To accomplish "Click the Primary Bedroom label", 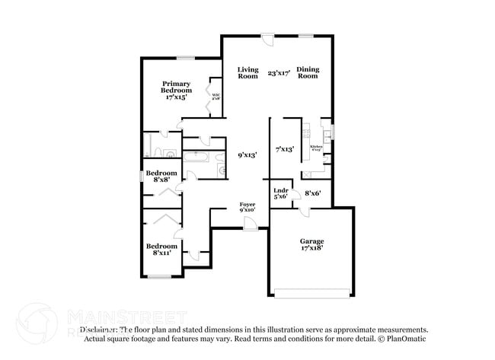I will pyautogui.click(x=175, y=90).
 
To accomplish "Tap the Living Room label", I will pyautogui.click(x=247, y=72).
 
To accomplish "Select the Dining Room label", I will pyautogui.click(x=307, y=72).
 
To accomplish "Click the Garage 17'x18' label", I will pyautogui.click(x=311, y=245).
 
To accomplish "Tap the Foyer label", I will pyautogui.click(x=247, y=207).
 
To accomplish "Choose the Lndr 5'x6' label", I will pyautogui.click(x=281, y=193).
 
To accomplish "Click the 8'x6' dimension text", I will pyautogui.click(x=313, y=193).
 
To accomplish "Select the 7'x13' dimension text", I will pyautogui.click(x=285, y=149).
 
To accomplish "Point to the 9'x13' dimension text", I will pyautogui.click(x=247, y=155).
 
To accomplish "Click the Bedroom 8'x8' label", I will pyautogui.click(x=161, y=177).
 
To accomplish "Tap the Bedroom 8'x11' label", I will pyautogui.click(x=161, y=250).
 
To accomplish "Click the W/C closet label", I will pyautogui.click(x=216, y=97).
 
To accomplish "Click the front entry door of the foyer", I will pyautogui.click(x=250, y=222).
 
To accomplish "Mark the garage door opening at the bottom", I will pyautogui.click(x=311, y=292).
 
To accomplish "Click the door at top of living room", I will pyautogui.click(x=266, y=38).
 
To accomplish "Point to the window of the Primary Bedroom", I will pyautogui.click(x=186, y=58).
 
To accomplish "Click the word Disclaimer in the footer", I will pyautogui.click(x=99, y=330).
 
